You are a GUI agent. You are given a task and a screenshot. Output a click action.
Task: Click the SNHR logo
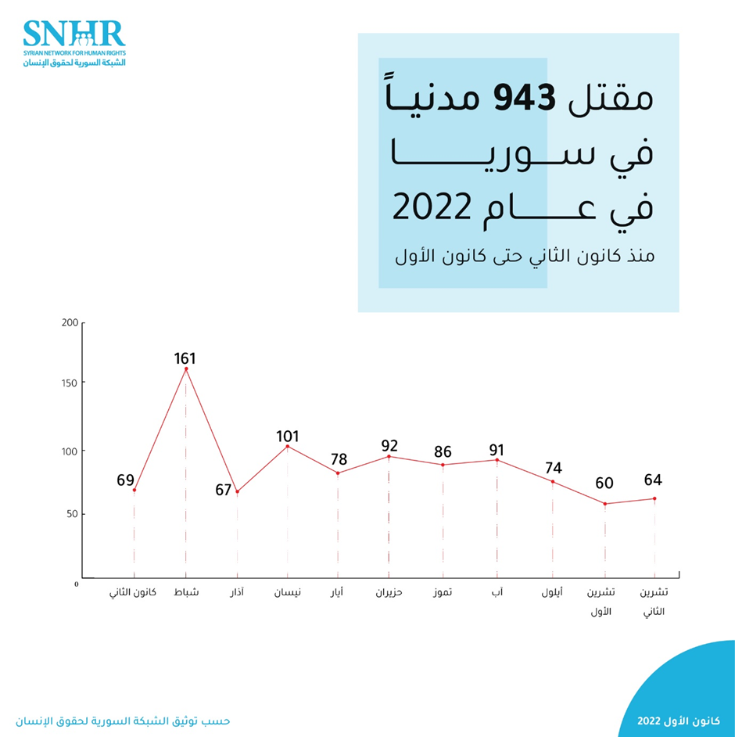pyautogui.click(x=74, y=42)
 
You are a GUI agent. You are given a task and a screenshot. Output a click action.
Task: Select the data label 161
pyautogui.click(x=185, y=359)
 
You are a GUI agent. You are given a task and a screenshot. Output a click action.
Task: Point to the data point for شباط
pyautogui.click(x=185, y=368)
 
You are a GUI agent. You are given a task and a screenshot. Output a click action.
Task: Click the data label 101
pyautogui.click(x=288, y=437)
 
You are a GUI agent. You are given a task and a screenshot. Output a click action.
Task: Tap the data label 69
pyautogui.click(x=126, y=480)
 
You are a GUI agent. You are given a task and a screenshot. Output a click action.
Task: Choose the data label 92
pyautogui.click(x=389, y=446)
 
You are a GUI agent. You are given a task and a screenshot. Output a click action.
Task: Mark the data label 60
pyautogui.click(x=604, y=483)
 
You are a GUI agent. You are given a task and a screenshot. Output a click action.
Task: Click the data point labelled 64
pyautogui.click(x=654, y=498)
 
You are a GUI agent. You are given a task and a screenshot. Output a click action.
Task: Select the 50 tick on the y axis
pyautogui.click(x=71, y=514)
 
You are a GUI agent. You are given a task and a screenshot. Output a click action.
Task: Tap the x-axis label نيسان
pyautogui.click(x=288, y=592)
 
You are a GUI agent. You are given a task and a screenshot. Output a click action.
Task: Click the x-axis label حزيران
pyautogui.click(x=389, y=592)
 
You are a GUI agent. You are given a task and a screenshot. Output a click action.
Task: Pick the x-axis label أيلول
pyautogui.click(x=552, y=592)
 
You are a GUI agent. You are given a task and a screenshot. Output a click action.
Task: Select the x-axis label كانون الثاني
pyautogui.click(x=133, y=592)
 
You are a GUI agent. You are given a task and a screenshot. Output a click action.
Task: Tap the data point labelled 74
pyautogui.click(x=552, y=481)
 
